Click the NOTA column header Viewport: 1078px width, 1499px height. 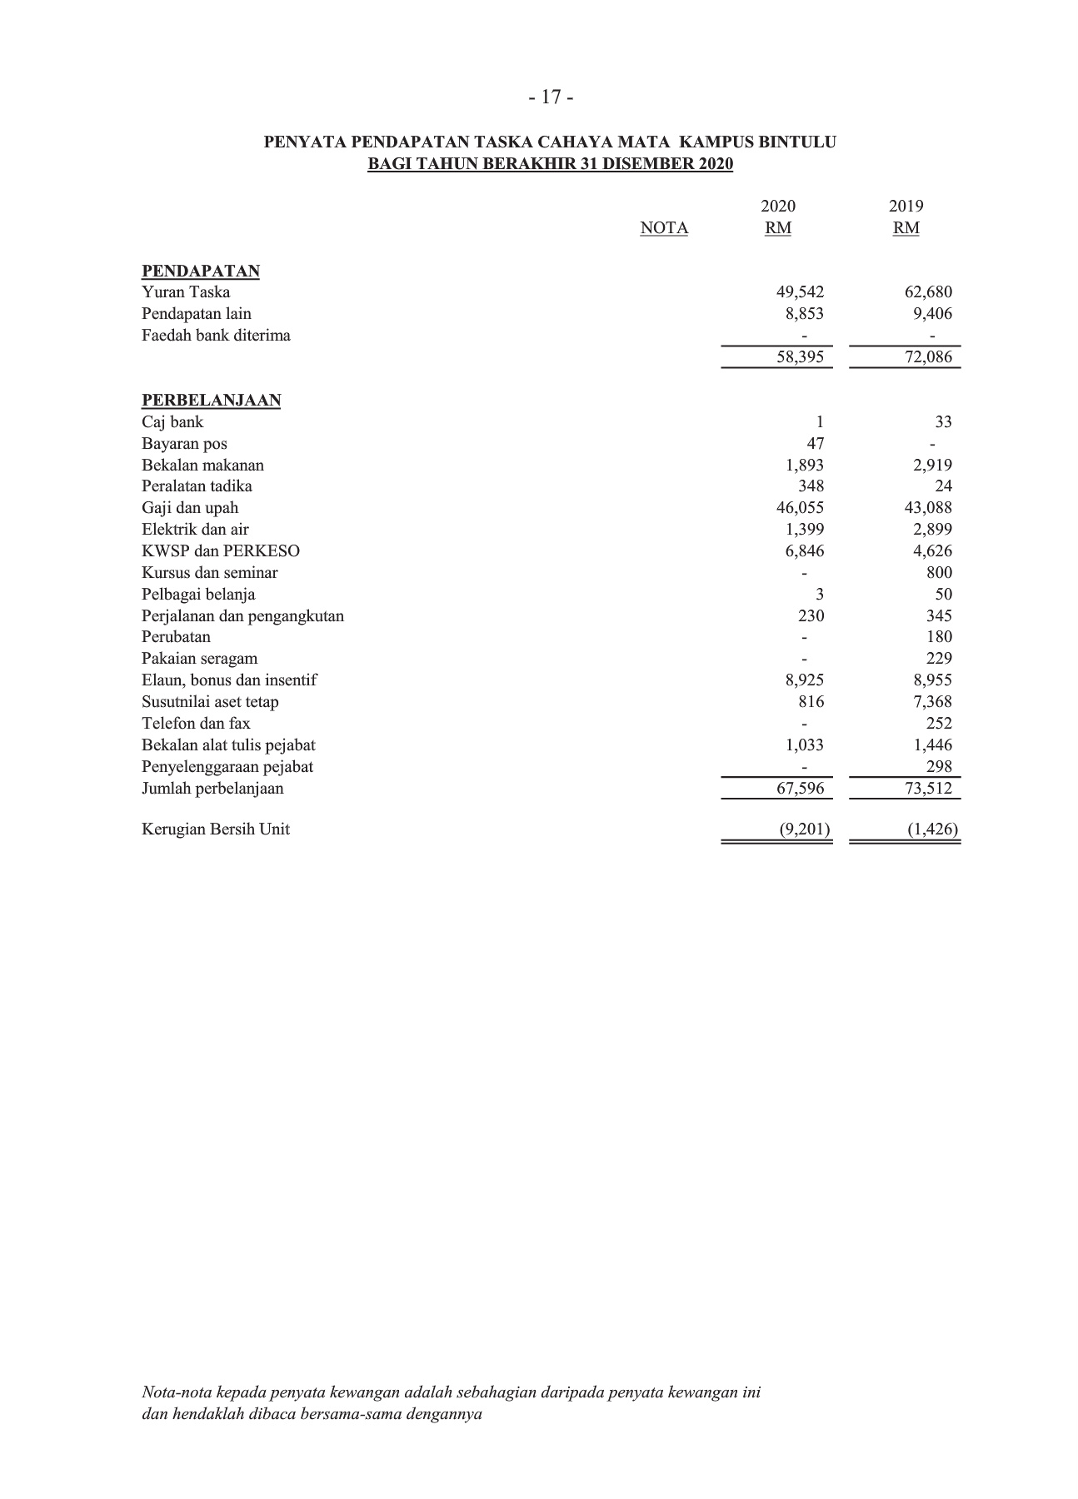664,228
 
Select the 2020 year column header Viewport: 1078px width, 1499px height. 778,206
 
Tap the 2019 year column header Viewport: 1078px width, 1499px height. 906,206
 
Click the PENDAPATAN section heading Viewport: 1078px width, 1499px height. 201,271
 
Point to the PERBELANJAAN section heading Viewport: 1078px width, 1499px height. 211,400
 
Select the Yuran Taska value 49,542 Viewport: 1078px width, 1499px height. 799,292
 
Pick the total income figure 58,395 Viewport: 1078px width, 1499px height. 799,357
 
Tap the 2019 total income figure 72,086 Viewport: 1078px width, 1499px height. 927,357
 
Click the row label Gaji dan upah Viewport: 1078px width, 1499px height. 190,508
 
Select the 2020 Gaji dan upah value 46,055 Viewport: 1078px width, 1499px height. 799,508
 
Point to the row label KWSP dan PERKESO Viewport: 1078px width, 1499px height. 221,551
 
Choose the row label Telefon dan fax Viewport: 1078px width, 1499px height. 196,724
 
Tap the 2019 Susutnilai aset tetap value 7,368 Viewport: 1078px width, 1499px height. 932,702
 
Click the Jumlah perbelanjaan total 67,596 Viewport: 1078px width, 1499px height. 799,788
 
